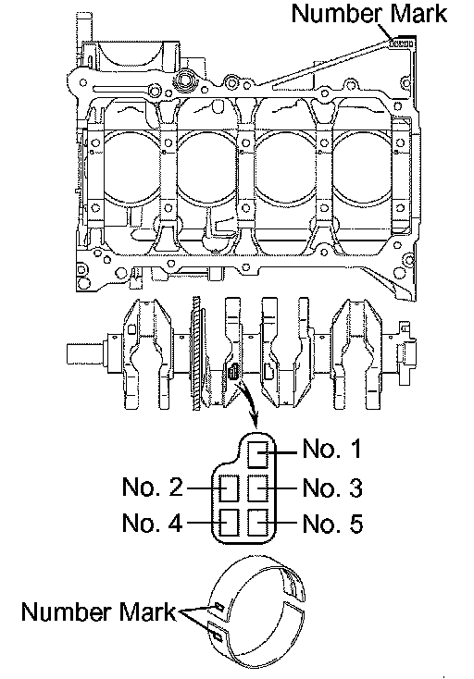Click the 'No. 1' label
[331, 448]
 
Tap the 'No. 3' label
[332, 488]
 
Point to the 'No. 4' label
[152, 523]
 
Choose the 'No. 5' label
[332, 524]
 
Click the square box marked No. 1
[258, 455]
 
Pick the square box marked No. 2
[230, 488]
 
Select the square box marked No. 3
[258, 488]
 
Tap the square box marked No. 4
[230, 523]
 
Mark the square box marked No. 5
[258, 523]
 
